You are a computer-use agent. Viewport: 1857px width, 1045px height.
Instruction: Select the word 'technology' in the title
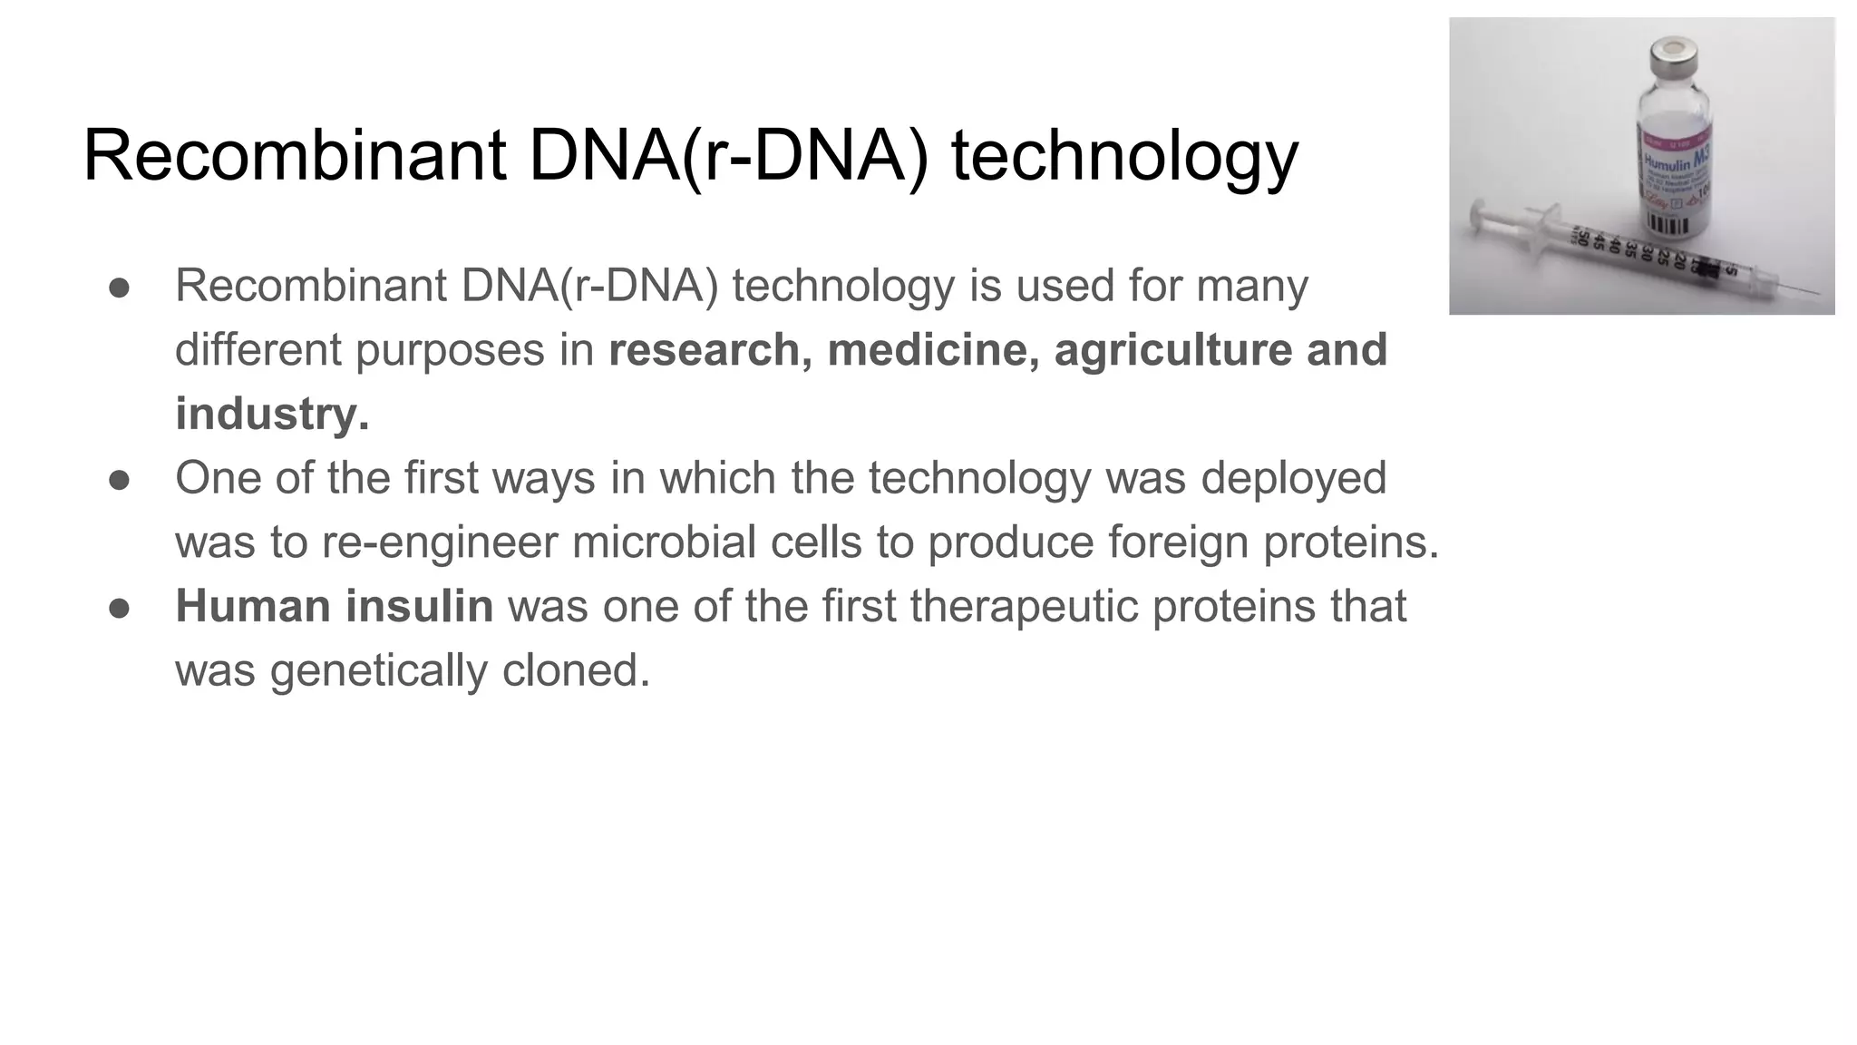(x=1124, y=157)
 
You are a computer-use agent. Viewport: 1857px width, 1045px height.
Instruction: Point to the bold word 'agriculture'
(x=1175, y=350)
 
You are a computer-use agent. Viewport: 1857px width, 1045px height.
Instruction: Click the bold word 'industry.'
(x=272, y=415)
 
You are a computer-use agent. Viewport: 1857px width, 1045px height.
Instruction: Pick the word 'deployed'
(x=1294, y=478)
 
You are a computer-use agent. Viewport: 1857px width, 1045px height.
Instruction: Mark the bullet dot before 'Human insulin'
(x=119, y=607)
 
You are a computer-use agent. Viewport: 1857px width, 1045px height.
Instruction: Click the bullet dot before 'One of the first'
(x=119, y=479)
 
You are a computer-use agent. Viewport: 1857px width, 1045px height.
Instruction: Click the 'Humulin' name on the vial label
(x=1667, y=164)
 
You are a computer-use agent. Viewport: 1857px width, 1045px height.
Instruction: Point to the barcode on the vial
(x=1673, y=224)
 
